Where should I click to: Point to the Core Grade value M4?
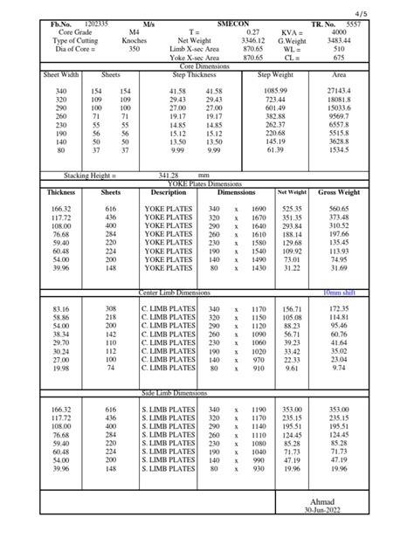135,32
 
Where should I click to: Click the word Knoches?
135,41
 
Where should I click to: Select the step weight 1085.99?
276,91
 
